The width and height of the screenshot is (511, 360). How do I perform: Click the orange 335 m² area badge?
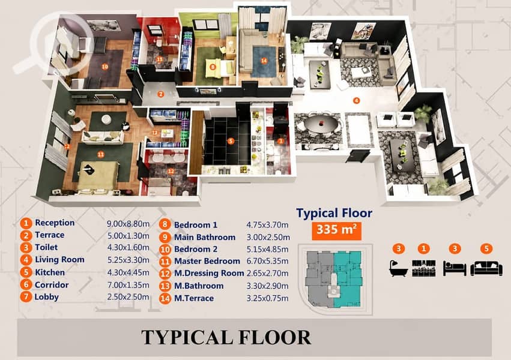coord(336,231)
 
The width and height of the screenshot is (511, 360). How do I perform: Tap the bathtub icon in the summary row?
coord(398,268)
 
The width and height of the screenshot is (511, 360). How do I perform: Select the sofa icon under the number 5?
coord(486,268)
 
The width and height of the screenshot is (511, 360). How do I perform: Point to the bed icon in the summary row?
coord(455,269)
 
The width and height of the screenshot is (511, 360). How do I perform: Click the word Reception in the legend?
coord(55,223)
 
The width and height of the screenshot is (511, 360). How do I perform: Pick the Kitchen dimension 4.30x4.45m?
coord(129,272)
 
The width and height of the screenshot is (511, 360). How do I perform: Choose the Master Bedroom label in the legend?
coord(207,261)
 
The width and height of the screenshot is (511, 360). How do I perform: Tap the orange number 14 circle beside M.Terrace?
coord(165,298)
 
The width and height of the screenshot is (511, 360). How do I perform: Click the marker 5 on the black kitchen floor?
coord(231,141)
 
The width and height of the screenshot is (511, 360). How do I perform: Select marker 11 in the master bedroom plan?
coord(101,154)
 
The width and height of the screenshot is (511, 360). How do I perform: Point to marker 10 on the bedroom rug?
coord(104,67)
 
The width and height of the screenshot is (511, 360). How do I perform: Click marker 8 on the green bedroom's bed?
coord(213,67)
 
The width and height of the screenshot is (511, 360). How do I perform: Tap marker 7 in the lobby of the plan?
coord(161,94)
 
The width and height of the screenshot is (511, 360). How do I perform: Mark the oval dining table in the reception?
coord(321,124)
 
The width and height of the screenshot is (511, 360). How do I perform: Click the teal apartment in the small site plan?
coord(348,278)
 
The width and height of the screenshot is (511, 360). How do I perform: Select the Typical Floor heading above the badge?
coord(334,214)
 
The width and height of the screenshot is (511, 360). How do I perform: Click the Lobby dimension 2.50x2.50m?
coord(129,297)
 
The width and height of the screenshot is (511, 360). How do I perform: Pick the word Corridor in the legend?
coord(52,285)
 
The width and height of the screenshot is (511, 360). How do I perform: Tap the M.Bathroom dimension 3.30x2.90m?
coord(267,286)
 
